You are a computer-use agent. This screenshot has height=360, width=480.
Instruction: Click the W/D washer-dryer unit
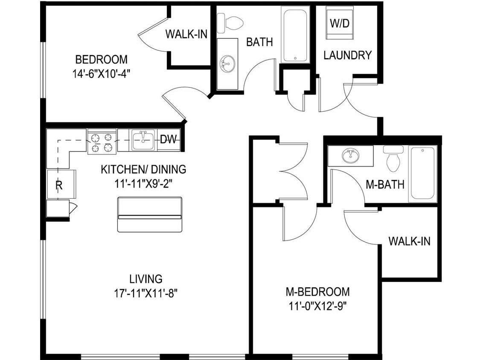point(340,23)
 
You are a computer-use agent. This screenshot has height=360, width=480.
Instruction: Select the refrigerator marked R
point(60,184)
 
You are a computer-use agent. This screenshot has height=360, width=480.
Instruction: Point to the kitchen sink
point(143,140)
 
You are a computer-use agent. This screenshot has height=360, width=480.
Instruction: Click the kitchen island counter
point(149,215)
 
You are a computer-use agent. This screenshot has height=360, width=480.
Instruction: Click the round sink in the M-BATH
point(350,156)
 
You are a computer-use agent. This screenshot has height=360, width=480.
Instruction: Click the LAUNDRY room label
point(347,55)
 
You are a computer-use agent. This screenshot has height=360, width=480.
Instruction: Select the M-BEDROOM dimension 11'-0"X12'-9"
point(317,306)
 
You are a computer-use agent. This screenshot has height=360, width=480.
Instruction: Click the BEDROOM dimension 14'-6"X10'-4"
point(101,73)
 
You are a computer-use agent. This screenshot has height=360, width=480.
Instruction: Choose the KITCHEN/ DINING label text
point(143,169)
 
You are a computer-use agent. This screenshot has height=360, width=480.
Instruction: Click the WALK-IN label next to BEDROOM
point(186,34)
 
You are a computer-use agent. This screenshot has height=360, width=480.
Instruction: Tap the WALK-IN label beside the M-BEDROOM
point(409,241)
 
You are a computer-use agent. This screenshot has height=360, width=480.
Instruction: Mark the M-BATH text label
point(385,184)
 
